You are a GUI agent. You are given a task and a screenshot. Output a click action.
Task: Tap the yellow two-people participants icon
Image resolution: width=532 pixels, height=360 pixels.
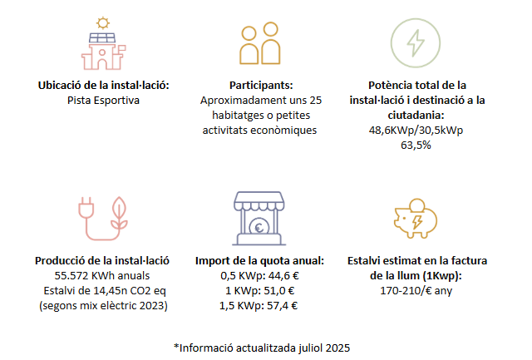(x=259, y=47)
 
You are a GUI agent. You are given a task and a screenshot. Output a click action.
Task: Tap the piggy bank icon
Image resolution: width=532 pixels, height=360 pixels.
(x=413, y=219)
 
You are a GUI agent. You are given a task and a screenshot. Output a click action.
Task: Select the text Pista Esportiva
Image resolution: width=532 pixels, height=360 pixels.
(x=103, y=100)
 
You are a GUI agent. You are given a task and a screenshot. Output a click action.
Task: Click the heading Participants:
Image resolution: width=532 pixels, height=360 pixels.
(x=261, y=86)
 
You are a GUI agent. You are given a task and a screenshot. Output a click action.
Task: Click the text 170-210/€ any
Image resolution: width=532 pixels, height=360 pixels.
(x=416, y=289)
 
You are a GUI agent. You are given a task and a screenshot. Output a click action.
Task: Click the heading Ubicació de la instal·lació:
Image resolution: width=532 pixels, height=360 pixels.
(x=104, y=86)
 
